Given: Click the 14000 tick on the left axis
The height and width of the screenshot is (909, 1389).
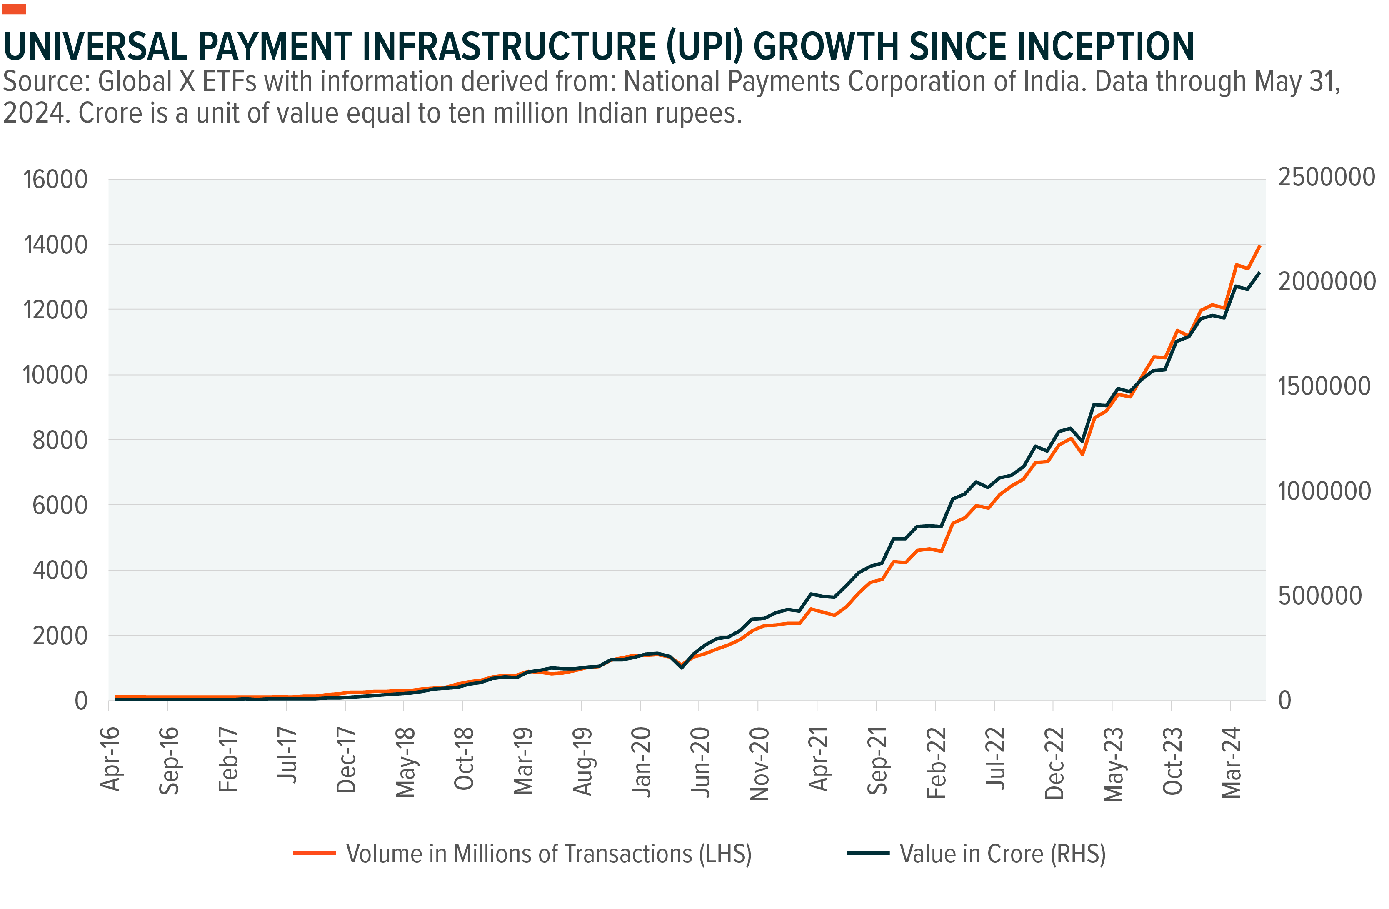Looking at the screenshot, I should pyautogui.click(x=55, y=245).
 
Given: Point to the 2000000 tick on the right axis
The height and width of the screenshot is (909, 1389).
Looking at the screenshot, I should pyautogui.click(x=1326, y=281).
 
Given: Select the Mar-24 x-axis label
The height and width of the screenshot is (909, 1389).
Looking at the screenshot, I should pyautogui.click(x=1232, y=762).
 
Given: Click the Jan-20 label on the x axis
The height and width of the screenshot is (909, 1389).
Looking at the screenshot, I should pyautogui.click(x=642, y=761).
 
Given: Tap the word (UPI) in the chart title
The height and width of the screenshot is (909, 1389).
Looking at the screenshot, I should pyautogui.click(x=704, y=47).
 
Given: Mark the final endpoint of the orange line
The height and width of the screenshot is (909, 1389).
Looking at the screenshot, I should pyautogui.click(x=1260, y=246).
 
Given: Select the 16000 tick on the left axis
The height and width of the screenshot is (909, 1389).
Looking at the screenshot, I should pyautogui.click(x=55, y=180).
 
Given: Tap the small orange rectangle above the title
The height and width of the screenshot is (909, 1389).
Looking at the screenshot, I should pyautogui.click(x=14, y=9).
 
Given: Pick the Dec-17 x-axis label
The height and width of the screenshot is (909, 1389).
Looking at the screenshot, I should pyautogui.click(x=346, y=760).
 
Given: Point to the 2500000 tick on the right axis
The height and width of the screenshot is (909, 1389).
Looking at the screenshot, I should pyautogui.click(x=1326, y=177).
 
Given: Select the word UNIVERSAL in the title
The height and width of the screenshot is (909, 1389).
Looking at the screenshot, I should pyautogui.click(x=95, y=47).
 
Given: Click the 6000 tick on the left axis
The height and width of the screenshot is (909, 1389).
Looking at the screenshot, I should pyautogui.click(x=60, y=506).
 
